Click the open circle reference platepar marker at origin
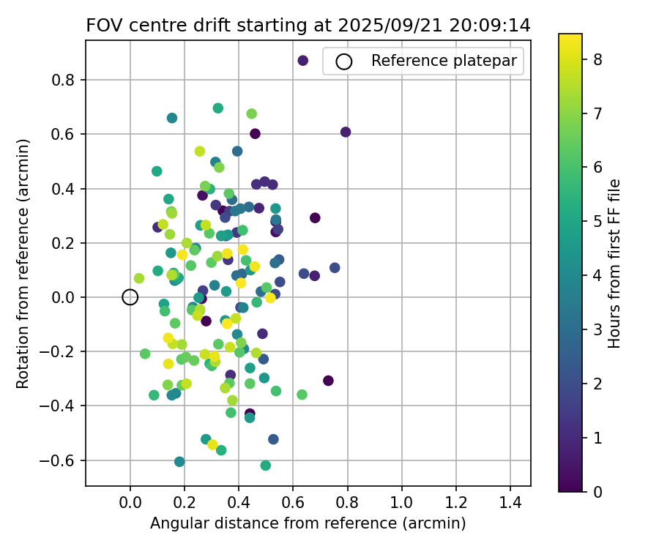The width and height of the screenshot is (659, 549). tap(130, 297)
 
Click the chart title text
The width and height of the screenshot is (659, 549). tap(308, 25)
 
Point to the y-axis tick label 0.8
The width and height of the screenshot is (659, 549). tap(65, 80)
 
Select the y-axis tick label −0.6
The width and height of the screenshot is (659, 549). tap(61, 460)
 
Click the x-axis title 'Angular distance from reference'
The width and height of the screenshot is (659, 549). tap(308, 523)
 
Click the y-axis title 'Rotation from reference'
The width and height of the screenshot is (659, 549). tap(23, 264)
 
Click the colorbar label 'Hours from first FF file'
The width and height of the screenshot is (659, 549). tap(615, 264)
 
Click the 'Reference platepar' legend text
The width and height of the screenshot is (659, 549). tap(447, 61)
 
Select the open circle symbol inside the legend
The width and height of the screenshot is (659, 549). tap(344, 61)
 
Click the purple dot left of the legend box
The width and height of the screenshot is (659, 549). tap(303, 61)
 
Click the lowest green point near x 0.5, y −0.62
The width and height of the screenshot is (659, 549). tap(266, 466)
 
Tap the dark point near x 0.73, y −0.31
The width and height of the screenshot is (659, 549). tap(328, 381)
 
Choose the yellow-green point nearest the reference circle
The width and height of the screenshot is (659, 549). tap(139, 278)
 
